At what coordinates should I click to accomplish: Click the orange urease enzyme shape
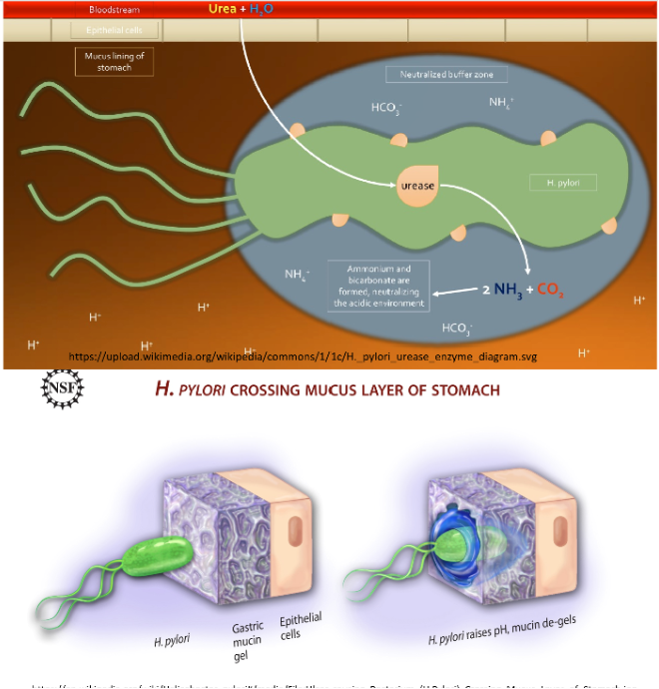pos(416,186)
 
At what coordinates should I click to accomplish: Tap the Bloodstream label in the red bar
pos(114,9)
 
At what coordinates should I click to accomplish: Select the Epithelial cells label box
pos(114,30)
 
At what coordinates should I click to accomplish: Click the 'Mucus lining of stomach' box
pos(114,62)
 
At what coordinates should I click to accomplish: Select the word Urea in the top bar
pos(222,9)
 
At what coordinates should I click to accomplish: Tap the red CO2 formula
pos(551,292)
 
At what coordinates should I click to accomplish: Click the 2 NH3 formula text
pos(501,292)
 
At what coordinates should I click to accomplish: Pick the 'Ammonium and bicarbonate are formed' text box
pos(378,286)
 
